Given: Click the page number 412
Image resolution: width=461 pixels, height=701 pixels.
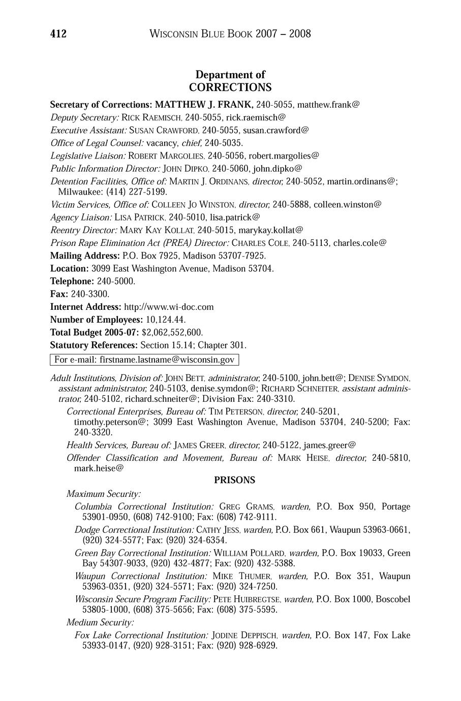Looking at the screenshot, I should (58, 34).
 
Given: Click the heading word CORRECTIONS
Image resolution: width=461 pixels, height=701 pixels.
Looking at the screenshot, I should (230, 87).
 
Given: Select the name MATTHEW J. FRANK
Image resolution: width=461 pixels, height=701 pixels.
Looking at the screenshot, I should (204, 105).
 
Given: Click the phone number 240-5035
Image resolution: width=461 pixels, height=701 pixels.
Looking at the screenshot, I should (223, 142).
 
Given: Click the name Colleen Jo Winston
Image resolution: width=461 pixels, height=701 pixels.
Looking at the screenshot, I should (193, 204).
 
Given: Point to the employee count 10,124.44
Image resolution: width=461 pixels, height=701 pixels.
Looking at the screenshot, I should (166, 320).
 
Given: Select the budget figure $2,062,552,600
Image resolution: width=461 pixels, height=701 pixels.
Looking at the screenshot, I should (172, 332).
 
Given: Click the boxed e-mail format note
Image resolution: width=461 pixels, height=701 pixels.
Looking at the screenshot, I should (144, 360).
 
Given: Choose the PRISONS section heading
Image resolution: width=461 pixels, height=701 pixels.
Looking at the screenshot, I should (234, 480).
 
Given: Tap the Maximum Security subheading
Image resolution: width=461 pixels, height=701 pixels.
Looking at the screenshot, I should (104, 494).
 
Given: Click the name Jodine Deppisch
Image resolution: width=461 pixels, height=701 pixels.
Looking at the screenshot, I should (244, 635).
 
